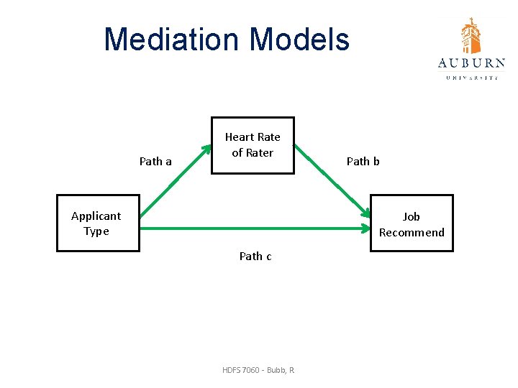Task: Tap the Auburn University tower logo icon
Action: click(x=471, y=35)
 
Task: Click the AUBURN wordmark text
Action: click(x=471, y=63)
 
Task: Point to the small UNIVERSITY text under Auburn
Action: click(x=471, y=77)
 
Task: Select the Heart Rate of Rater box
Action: click(x=253, y=145)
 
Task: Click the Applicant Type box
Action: click(x=98, y=223)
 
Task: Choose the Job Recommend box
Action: click(x=412, y=223)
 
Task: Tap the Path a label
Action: click(x=155, y=161)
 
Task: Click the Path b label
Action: click(x=363, y=161)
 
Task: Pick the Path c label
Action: click(x=255, y=256)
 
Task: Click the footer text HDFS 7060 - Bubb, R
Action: click(x=259, y=369)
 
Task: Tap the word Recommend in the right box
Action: click(x=412, y=232)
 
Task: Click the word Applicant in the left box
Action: click(x=96, y=216)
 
